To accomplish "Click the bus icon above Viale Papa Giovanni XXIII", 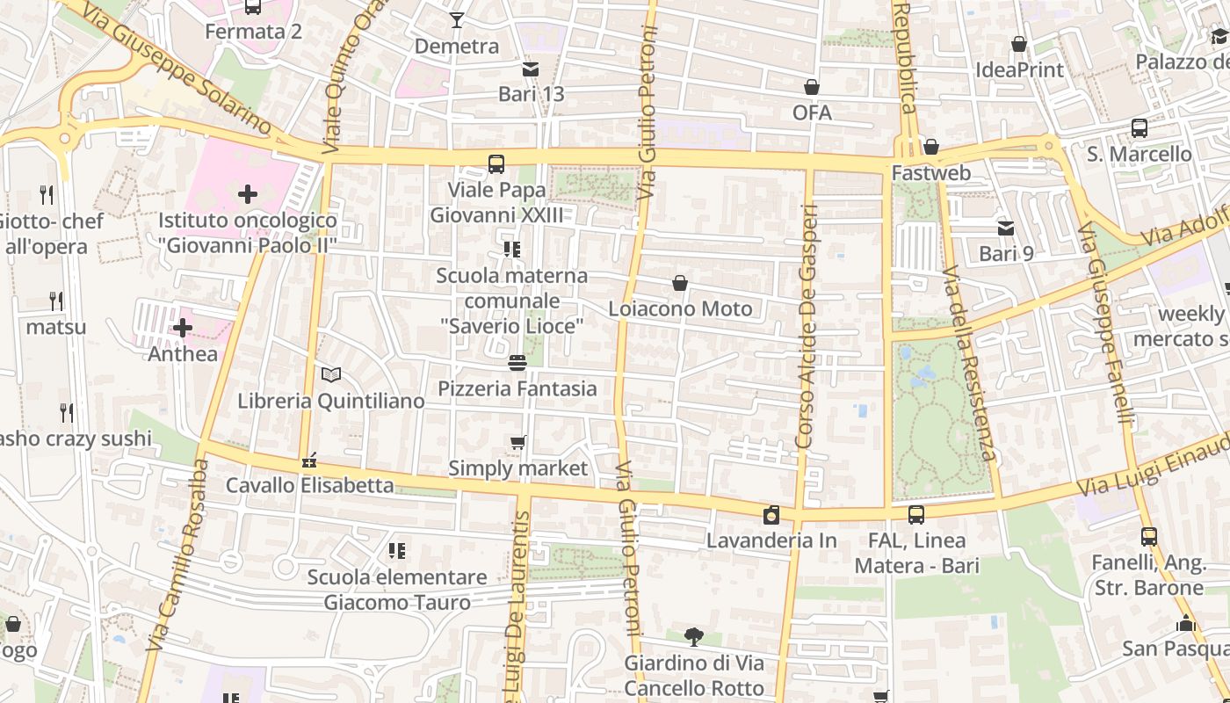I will [496, 164].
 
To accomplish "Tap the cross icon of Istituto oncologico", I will [248, 194].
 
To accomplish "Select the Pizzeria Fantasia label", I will [517, 388].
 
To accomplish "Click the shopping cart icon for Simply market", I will [517, 442].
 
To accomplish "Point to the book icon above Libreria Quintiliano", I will [331, 375].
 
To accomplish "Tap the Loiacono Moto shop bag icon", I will [680, 283].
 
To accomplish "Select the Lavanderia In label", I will [771, 540].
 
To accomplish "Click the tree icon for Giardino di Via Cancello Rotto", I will [694, 636].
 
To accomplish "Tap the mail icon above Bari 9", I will [1006, 228].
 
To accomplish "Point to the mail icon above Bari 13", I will [531, 69].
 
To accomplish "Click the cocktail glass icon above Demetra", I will [457, 19].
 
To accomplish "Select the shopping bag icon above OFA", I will [812, 87].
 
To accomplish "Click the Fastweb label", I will [931, 172].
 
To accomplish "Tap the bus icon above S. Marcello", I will [1140, 128].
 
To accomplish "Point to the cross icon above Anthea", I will [183, 329].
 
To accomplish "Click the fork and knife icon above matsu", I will [56, 301].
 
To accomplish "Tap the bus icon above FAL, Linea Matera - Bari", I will [916, 515].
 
